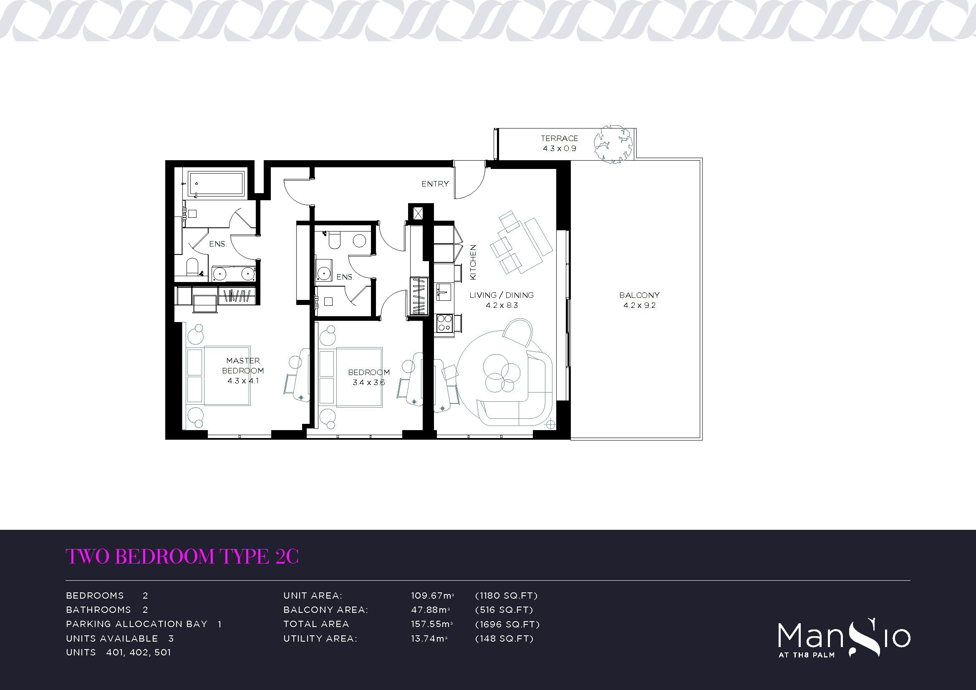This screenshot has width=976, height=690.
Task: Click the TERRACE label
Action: (x=560, y=138)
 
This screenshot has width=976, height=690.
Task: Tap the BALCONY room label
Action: (x=639, y=295)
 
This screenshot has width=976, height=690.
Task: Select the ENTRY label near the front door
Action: (x=435, y=184)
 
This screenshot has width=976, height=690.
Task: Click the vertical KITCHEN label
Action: (x=473, y=262)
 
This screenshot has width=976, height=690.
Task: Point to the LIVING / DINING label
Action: (x=502, y=295)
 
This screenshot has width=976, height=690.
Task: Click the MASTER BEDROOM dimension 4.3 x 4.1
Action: (x=243, y=381)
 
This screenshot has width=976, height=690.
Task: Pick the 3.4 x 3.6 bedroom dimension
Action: (x=369, y=383)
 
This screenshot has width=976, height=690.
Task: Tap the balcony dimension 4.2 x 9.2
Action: (x=639, y=305)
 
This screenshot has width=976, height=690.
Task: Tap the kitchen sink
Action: (x=442, y=293)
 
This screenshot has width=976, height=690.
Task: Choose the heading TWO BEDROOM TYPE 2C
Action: (x=182, y=556)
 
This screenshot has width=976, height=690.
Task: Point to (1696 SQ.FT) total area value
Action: (x=507, y=624)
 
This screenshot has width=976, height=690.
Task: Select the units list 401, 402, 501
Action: (x=139, y=652)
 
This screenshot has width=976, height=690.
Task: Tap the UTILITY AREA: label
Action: (x=320, y=638)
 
